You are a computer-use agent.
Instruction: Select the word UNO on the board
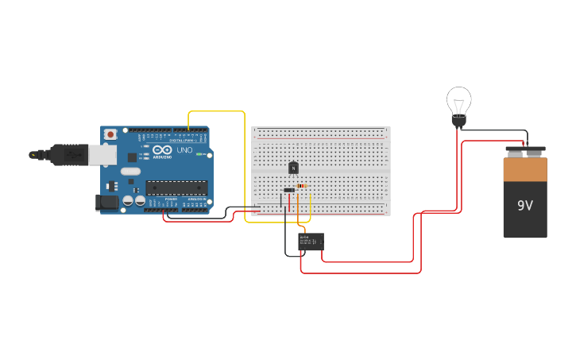[184, 149]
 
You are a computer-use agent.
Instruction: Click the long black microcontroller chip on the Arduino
[176, 188]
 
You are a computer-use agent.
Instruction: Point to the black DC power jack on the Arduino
[107, 203]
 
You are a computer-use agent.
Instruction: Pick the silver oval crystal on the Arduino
[130, 171]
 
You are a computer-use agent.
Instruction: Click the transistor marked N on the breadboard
[293, 168]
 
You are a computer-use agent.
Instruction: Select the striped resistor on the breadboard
[301, 186]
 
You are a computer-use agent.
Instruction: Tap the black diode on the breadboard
[289, 190]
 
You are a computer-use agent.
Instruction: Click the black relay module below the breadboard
[311, 242]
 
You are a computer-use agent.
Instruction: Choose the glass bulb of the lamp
[458, 100]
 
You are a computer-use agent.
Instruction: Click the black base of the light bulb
[458, 122]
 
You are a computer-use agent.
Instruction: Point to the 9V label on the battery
[525, 206]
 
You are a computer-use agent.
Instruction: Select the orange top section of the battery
[525, 169]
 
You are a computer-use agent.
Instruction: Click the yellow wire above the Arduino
[216, 111]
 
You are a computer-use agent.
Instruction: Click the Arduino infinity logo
[161, 149]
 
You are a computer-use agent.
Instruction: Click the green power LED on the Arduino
[201, 153]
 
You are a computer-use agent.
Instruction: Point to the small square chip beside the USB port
[113, 186]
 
